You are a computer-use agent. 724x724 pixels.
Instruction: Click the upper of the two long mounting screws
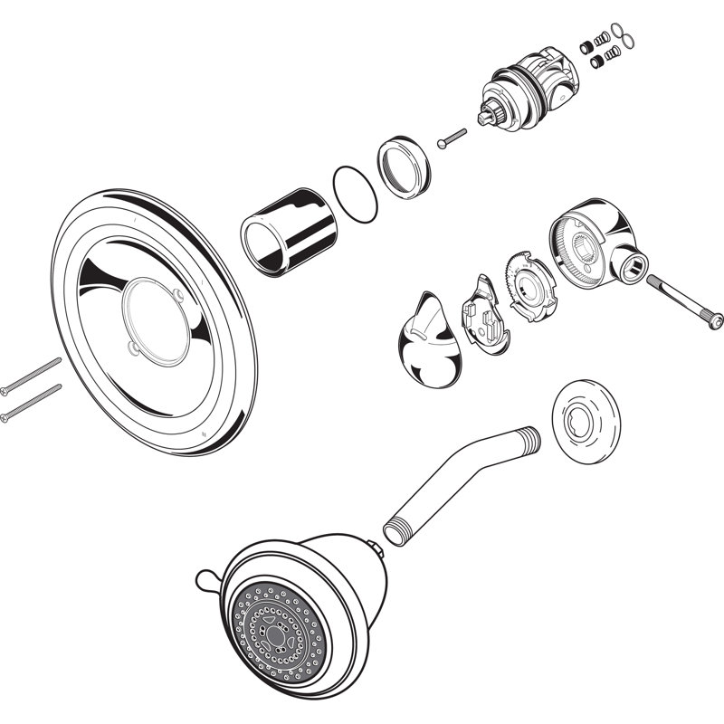31,375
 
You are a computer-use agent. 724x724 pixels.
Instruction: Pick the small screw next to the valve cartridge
451,138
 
